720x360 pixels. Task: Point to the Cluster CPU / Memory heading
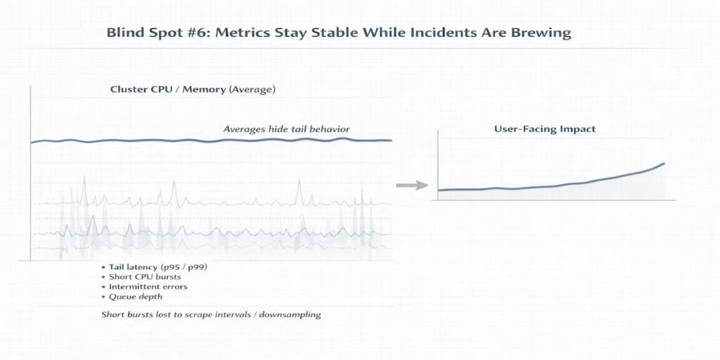[193, 89]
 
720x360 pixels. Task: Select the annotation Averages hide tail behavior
[286, 129]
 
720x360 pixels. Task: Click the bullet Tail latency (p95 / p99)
[158, 267]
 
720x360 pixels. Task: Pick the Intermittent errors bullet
[148, 287]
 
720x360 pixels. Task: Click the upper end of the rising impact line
[664, 164]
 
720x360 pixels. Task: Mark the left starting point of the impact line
[439, 190]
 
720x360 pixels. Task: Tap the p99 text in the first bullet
[197, 267]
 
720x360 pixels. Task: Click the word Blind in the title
[122, 33]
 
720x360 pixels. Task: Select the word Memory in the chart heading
[202, 89]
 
